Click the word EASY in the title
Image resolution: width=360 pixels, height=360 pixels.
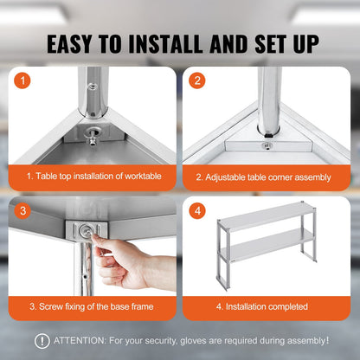tap(74, 42)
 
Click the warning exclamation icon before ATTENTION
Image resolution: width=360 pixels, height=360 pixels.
tap(42, 341)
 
